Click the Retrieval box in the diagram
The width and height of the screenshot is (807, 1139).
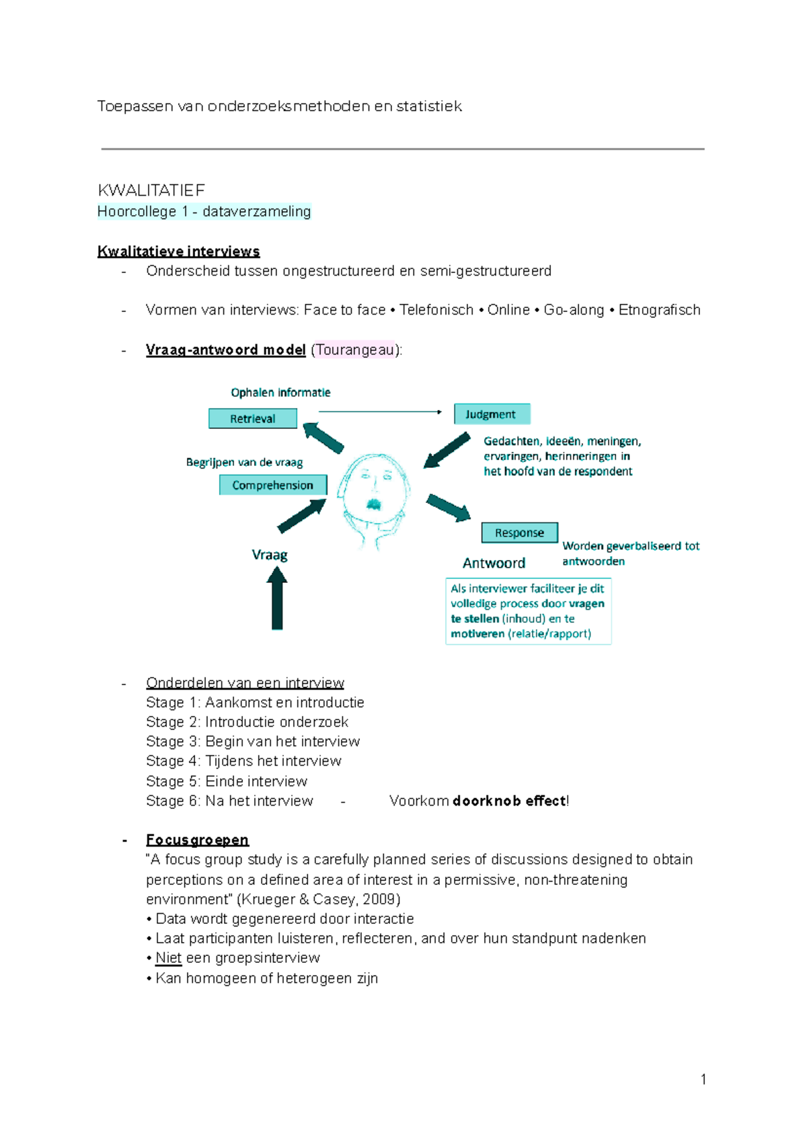tap(252, 418)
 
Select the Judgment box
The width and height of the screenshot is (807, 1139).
tap(492, 414)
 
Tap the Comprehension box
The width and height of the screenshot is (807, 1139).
tap(272, 485)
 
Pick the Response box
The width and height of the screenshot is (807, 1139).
tap(519, 533)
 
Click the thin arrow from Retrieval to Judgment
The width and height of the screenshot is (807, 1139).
tap(379, 411)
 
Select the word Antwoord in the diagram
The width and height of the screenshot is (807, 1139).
tap(494, 563)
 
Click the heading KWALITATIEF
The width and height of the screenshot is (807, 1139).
tap(151, 190)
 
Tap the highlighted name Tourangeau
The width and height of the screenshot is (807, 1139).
tap(355, 350)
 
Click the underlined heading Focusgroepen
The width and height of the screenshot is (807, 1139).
tap(197, 840)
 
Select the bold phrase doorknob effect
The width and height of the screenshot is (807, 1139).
tap(510, 801)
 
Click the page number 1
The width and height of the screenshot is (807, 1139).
tap(703, 1079)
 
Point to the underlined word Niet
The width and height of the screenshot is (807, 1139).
tap(168, 957)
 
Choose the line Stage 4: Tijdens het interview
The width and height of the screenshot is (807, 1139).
tap(243, 761)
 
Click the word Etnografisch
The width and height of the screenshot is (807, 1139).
tap(659, 310)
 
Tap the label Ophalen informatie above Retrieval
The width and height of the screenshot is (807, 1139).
tap(280, 393)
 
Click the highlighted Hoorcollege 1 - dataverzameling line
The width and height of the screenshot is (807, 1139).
tap(204, 212)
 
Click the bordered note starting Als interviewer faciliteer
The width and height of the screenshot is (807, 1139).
tap(528, 611)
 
